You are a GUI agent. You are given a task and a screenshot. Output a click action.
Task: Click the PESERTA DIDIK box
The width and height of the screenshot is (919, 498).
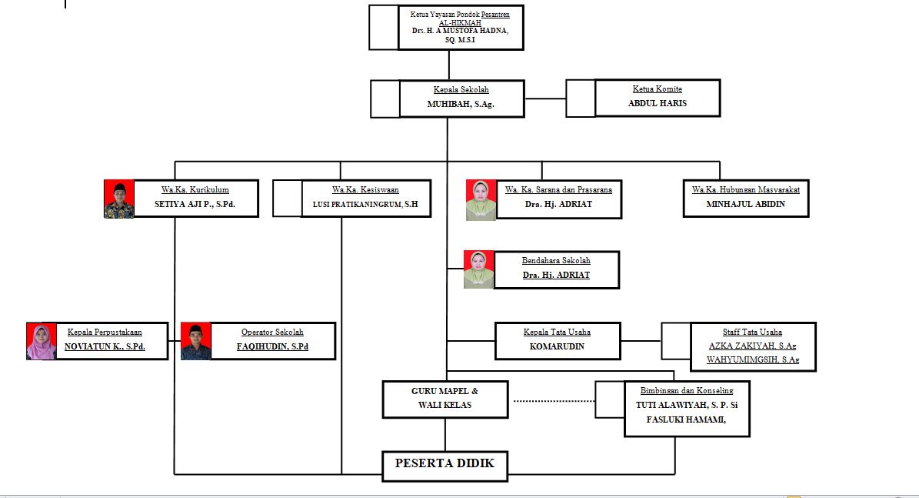tap(445, 464)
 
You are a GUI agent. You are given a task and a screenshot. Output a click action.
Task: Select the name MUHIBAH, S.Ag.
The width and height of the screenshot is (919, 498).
tap(461, 104)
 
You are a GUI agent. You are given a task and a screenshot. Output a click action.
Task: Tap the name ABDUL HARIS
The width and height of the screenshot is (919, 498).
tap(658, 103)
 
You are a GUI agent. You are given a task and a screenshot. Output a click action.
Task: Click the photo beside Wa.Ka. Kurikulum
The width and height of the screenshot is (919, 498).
tap(119, 199)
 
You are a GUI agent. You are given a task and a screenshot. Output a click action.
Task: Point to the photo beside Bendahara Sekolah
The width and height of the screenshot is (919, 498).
tap(478, 269)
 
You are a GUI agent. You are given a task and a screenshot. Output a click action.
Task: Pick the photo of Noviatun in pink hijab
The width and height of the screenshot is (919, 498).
tap(42, 342)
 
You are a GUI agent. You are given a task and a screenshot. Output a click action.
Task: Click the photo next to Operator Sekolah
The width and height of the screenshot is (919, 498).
tap(196, 342)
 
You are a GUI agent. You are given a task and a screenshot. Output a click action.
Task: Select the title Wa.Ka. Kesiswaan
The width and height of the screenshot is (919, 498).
tap(365, 189)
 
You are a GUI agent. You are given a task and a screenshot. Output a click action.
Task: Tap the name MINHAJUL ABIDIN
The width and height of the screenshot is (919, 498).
tap(745, 205)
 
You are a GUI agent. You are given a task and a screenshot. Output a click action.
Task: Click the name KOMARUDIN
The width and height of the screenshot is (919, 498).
tap(557, 346)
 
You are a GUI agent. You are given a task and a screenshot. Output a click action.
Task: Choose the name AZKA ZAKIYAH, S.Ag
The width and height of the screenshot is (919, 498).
tap(752, 346)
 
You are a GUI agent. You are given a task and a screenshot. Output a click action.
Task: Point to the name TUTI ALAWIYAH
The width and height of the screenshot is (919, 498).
tap(687, 405)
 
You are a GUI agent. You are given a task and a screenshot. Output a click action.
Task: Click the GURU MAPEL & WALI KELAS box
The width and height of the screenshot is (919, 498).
tap(445, 399)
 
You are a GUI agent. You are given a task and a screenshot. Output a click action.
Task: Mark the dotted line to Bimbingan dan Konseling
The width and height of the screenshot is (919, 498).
tap(554, 401)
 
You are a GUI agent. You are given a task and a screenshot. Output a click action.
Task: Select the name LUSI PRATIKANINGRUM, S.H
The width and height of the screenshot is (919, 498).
tap(365, 205)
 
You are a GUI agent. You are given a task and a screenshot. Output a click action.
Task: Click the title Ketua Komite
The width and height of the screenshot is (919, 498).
tap(657, 89)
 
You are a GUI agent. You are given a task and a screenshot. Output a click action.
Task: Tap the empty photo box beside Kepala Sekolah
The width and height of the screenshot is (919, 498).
tap(385, 99)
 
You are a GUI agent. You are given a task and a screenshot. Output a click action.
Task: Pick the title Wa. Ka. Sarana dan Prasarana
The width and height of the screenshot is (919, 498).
tap(558, 189)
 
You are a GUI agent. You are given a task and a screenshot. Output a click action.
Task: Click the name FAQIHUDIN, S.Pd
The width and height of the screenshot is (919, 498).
tap(272, 346)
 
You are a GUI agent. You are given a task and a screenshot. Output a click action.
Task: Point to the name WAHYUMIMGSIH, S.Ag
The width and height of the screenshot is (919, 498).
tap(754, 359)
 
